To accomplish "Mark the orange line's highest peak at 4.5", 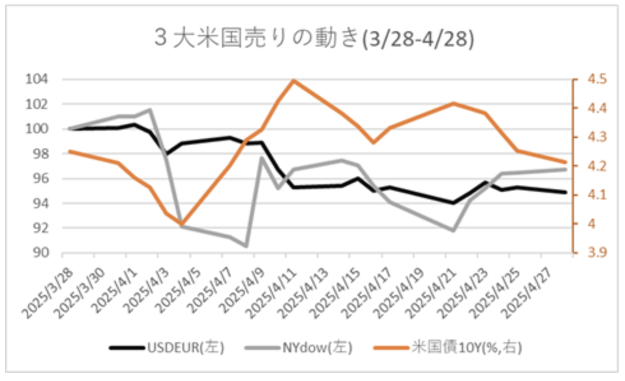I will [x=293, y=80].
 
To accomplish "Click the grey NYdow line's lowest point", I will [x=246, y=246].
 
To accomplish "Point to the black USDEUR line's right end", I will [x=566, y=192].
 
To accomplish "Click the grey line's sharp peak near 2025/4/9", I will [x=261, y=157].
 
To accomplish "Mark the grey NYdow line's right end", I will [x=566, y=169].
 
